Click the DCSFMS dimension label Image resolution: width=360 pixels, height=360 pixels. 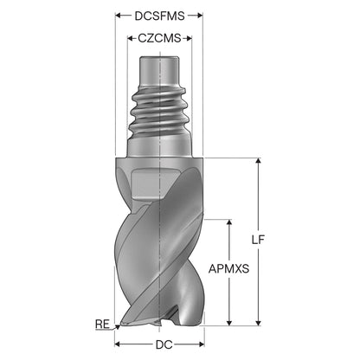159,16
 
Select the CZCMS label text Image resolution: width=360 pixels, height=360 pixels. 159,38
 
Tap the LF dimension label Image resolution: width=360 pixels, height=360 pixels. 258,240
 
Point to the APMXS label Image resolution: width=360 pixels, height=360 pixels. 228,269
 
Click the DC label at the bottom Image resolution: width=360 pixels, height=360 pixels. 164,344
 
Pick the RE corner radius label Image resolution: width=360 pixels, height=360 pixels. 102,325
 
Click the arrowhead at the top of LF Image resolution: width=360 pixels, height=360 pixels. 259,161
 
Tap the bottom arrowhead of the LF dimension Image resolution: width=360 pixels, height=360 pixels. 259,323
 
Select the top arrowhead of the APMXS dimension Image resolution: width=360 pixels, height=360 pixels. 229,222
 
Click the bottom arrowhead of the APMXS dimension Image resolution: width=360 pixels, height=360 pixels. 229,323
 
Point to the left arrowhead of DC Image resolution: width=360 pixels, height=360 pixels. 119,344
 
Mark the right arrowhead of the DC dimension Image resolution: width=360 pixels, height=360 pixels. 201,344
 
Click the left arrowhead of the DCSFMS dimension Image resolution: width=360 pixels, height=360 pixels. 119,16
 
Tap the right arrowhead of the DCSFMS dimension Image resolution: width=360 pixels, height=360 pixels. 200,16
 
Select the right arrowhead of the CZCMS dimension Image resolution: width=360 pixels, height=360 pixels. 189,38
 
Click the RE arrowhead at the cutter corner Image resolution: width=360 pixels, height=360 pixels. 118,327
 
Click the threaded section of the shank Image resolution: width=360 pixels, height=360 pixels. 159,112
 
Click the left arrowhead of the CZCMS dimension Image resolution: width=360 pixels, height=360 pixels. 131,38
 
